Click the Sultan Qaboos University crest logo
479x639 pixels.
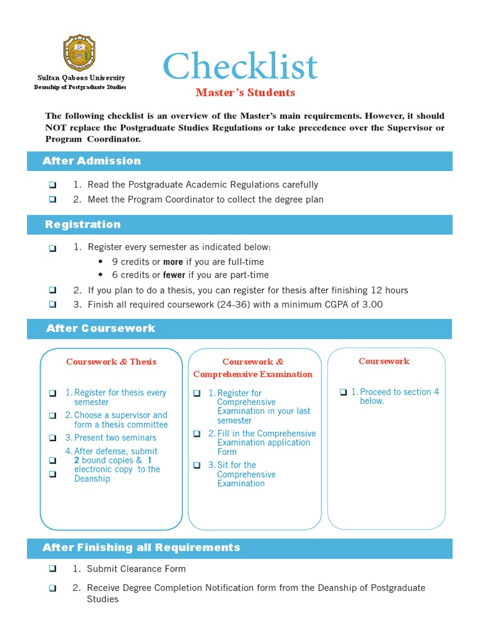pyautogui.click(x=80, y=52)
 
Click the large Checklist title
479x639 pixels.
pyautogui.click(x=240, y=66)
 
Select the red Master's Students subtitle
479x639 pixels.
pyautogui.click(x=245, y=93)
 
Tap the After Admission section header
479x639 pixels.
pyautogui.click(x=92, y=161)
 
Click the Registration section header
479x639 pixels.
pyautogui.click(x=83, y=225)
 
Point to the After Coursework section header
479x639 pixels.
pyautogui.click(x=100, y=328)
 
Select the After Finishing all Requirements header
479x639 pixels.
pyautogui.click(x=141, y=548)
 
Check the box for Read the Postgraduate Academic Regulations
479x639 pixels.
pyautogui.click(x=52, y=185)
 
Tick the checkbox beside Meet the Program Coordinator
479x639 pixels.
pyautogui.click(x=52, y=200)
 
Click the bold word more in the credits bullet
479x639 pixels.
pyautogui.click(x=173, y=262)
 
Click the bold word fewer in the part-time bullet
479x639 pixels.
pyautogui.click(x=174, y=275)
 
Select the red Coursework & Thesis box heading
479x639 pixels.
pyautogui.click(x=111, y=362)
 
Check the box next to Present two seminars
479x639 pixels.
pyautogui.click(x=52, y=439)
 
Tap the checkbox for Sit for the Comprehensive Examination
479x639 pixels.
pyautogui.click(x=197, y=466)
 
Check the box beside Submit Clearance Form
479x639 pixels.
pyautogui.click(x=52, y=569)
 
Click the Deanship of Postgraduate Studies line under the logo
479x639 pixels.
pyautogui.click(x=80, y=87)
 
